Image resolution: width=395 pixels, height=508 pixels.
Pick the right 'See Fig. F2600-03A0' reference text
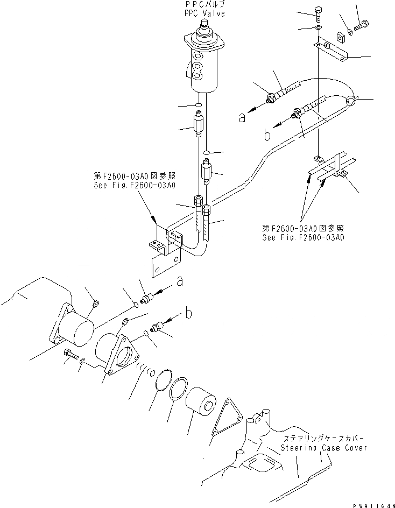click(304, 237)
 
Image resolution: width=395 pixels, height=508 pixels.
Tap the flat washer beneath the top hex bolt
click(318, 27)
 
